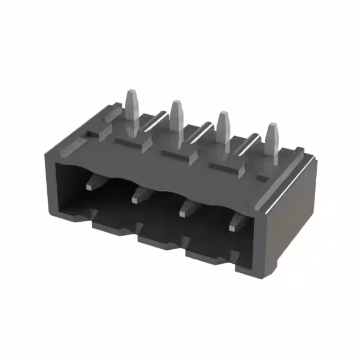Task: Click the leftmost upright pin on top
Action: pos(132,110)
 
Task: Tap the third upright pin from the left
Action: pos(223,127)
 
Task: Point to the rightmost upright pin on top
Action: pos(272,141)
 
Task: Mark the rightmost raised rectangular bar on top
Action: pos(228,167)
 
